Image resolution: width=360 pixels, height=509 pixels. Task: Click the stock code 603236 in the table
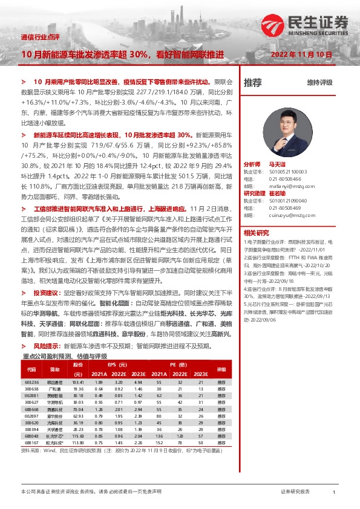31,383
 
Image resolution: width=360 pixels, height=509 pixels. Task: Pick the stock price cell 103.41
77,383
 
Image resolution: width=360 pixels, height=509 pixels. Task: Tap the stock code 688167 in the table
31,443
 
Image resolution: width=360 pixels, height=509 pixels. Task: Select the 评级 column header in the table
221,369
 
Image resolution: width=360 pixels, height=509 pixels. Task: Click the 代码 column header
31,369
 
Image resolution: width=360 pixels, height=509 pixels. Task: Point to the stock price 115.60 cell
77,436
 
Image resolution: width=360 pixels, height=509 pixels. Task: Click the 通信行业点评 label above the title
41,37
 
